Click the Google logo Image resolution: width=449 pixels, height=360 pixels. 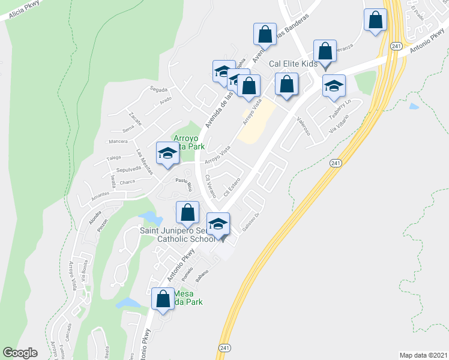point(20,353)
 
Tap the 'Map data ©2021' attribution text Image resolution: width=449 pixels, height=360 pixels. point(423,355)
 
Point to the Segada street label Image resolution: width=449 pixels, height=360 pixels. point(158,89)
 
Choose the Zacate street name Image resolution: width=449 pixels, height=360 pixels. point(134,118)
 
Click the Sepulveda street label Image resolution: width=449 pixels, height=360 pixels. point(128,169)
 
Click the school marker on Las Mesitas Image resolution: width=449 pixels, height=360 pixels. point(167,154)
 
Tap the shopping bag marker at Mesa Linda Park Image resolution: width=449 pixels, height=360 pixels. point(163,299)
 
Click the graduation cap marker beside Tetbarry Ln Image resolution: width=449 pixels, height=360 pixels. point(334,86)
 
